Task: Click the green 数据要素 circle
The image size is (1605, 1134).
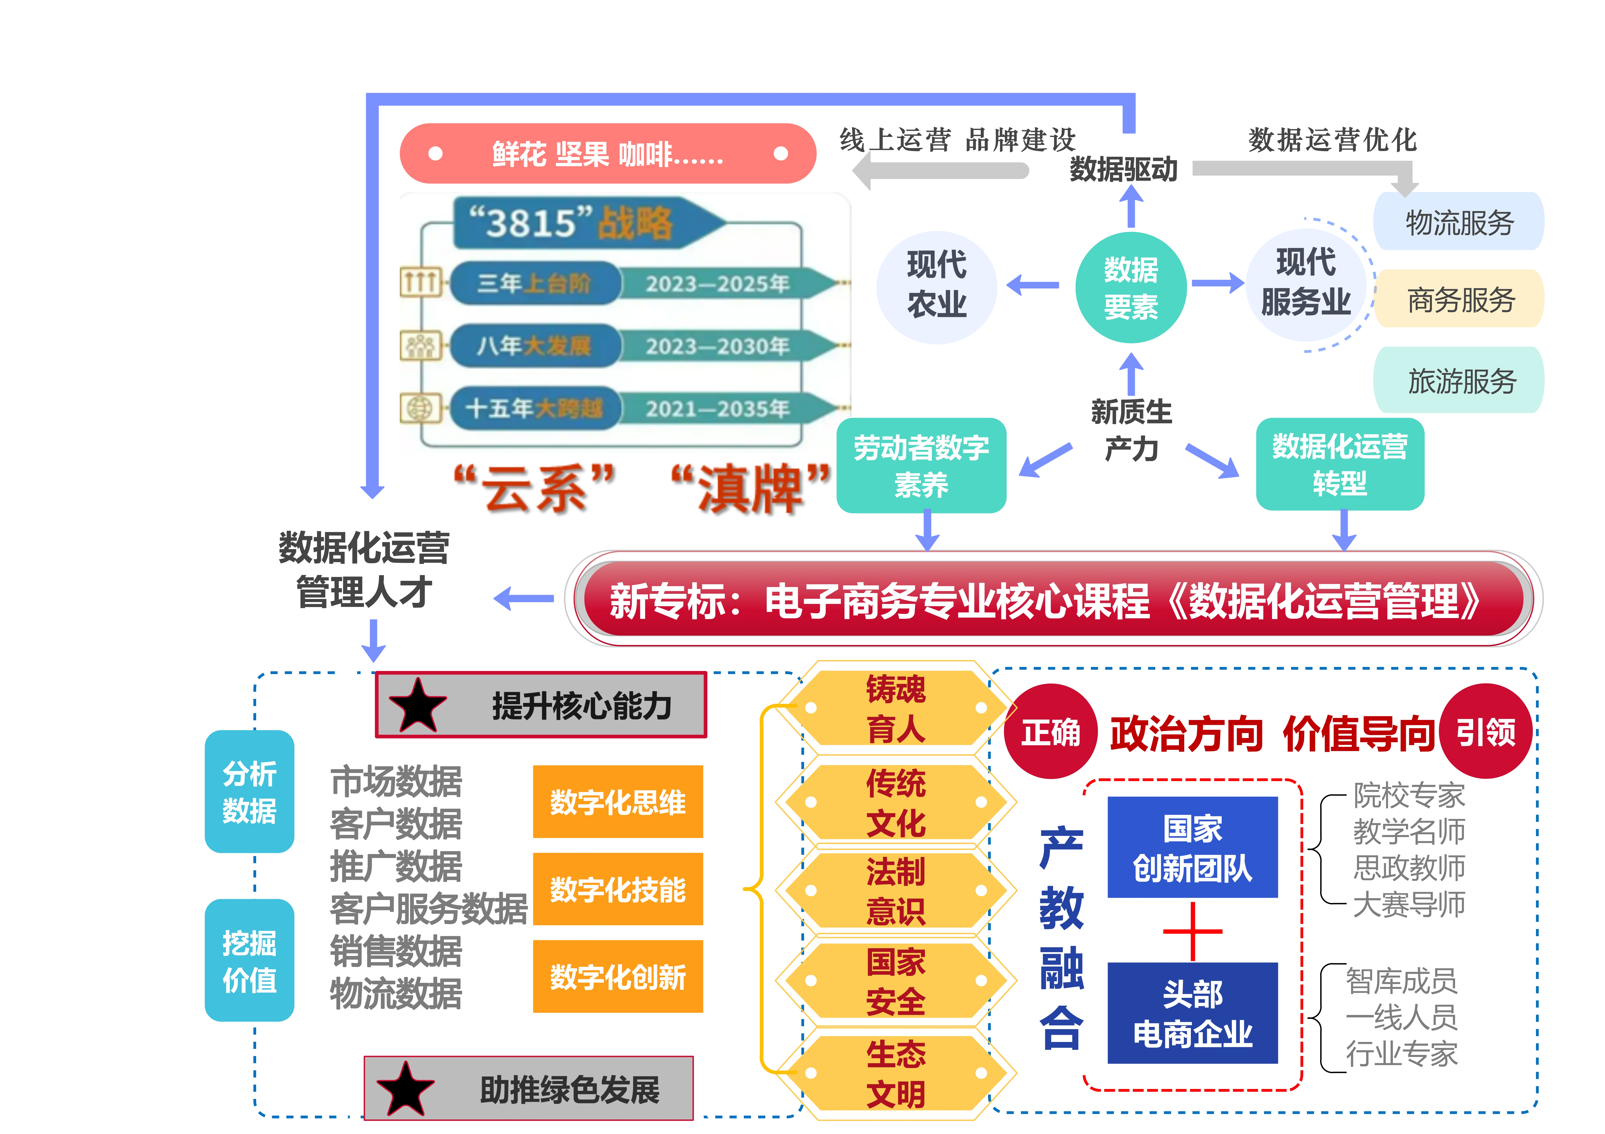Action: click(1130, 287)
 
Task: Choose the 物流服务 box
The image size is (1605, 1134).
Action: click(1459, 222)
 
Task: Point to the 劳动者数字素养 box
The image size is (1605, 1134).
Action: click(921, 465)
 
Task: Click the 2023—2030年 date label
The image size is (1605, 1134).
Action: click(717, 346)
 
